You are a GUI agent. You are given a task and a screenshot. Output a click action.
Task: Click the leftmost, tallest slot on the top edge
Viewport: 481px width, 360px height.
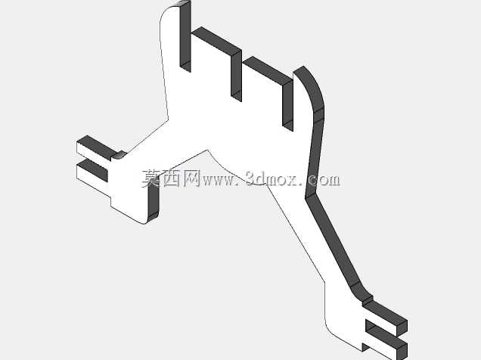[x=185, y=36]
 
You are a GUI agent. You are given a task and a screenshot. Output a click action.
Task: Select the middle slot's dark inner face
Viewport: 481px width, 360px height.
[x=236, y=76]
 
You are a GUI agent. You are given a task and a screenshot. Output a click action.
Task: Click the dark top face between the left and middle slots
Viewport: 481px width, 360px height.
[x=216, y=41]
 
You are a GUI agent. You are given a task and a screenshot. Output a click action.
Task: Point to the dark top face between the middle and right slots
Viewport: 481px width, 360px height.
[x=268, y=70]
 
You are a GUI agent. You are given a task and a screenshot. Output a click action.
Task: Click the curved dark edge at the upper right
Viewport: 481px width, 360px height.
[x=312, y=89]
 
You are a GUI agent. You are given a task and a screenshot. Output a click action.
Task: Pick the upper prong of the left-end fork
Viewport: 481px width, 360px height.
[x=96, y=149]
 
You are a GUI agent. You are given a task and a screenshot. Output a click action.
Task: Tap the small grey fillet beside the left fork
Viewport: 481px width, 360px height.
[x=119, y=155]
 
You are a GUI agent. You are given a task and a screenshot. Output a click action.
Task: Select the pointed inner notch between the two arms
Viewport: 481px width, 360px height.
[x=208, y=151]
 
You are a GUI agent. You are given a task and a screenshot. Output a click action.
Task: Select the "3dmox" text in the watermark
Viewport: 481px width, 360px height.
[x=272, y=178]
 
